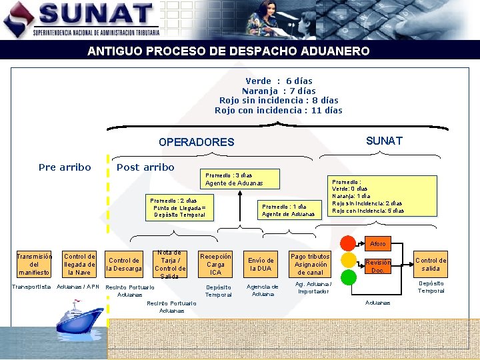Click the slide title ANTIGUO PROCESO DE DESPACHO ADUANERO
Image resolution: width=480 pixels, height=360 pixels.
tap(228, 51)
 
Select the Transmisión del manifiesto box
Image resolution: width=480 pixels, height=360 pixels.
tap(34, 264)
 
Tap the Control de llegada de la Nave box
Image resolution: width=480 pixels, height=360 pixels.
tap(79, 264)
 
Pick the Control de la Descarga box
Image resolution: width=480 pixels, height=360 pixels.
tap(124, 265)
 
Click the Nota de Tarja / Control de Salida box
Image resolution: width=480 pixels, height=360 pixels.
tap(170, 264)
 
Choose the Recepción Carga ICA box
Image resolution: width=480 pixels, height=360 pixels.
tap(215, 264)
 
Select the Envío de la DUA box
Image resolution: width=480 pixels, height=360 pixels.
tap(261, 264)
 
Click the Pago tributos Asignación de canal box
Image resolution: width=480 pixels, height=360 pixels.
tap(309, 264)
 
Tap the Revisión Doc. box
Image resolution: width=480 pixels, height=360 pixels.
tap(377, 266)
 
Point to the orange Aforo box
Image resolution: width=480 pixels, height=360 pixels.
tap(377, 244)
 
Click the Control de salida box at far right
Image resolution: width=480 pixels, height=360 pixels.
tap(431, 264)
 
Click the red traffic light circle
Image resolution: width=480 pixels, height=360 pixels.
tap(347, 243)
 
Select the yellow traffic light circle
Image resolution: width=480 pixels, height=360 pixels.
tap(347, 260)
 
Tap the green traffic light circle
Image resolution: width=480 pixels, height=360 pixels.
tap(347, 277)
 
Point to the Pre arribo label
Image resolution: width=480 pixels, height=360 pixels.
tap(65, 167)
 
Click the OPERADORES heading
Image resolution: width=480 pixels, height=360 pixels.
tap(196, 142)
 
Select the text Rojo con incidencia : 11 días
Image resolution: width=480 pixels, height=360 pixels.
tap(278, 111)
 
